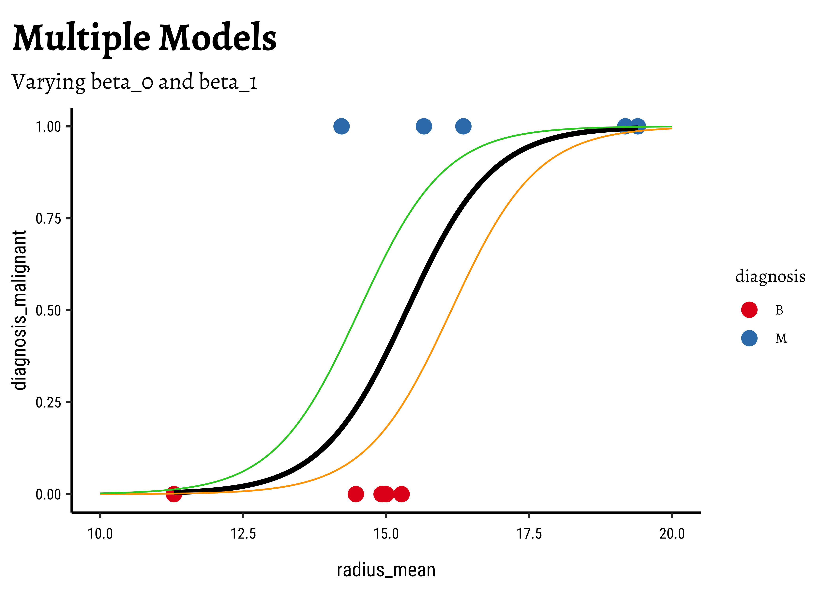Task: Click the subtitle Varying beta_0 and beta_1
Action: pyautogui.click(x=134, y=82)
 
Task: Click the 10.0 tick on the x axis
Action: pyautogui.click(x=100, y=534)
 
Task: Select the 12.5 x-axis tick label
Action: pyautogui.click(x=243, y=534)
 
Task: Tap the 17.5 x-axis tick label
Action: pyautogui.click(x=529, y=534)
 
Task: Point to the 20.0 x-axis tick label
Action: pyautogui.click(x=672, y=534)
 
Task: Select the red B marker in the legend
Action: pyautogui.click(x=749, y=310)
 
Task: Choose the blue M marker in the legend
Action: pyautogui.click(x=749, y=338)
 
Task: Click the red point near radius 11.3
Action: pyautogui.click(x=174, y=494)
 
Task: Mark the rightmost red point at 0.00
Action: pyautogui.click(x=401, y=494)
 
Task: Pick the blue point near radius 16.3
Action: pyautogui.click(x=463, y=126)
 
